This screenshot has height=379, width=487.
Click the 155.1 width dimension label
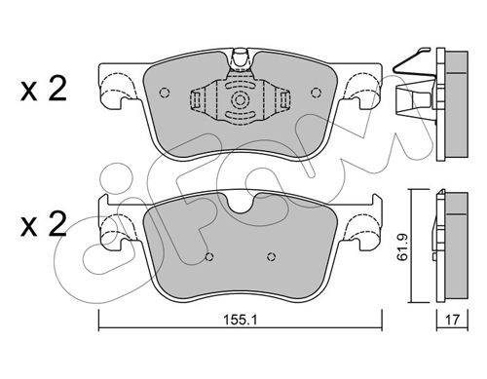(x=241, y=321)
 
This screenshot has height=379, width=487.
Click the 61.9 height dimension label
(x=402, y=247)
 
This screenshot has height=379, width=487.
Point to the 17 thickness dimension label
(x=452, y=320)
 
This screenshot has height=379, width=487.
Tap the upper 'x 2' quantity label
(x=43, y=89)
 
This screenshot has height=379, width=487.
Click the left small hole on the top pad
(x=165, y=93)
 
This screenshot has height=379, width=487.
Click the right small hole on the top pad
(x=316, y=93)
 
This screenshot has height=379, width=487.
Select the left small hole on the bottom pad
(x=209, y=257)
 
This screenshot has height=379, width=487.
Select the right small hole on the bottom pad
(x=272, y=257)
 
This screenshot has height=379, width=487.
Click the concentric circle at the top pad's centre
(x=241, y=99)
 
